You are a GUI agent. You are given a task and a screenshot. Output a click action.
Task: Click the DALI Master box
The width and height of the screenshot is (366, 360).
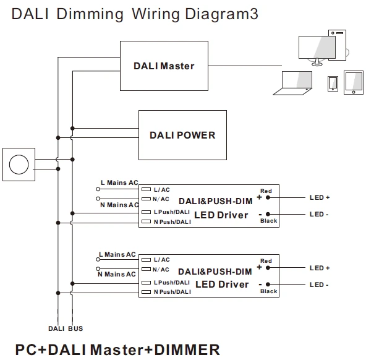pos(164,66)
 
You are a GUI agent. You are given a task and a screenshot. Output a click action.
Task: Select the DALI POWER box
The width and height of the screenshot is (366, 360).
pos(182,135)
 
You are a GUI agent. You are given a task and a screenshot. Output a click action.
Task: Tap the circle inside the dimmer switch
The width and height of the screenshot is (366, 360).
pos(19,165)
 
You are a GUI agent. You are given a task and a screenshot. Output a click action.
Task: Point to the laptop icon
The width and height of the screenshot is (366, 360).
pos(293,83)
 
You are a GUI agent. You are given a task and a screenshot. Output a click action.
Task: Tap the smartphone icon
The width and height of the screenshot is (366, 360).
pos(333,84)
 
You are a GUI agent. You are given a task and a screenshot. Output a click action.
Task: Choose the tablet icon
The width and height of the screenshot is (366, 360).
pos(354,83)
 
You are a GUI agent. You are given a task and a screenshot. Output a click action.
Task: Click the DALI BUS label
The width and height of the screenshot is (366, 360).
pos(66,328)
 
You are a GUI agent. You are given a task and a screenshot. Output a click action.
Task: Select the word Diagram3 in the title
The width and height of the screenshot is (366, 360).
pos(221,14)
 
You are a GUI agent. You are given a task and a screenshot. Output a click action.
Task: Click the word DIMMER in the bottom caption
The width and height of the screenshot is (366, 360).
pos(187,349)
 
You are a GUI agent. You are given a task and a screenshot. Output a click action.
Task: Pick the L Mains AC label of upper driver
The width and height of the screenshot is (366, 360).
pos(119,182)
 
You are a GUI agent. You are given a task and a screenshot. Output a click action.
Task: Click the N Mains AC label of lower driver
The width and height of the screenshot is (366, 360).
pos(117,274)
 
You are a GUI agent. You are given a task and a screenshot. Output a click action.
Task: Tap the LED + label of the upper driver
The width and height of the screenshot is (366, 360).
pos(320,197)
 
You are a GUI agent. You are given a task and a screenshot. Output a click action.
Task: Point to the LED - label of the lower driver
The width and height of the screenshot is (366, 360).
pos(319,285)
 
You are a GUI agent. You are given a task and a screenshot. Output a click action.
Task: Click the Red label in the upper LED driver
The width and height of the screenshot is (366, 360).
pos(266,191)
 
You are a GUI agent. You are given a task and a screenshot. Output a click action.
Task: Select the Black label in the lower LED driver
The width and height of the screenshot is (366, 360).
pos(269,291)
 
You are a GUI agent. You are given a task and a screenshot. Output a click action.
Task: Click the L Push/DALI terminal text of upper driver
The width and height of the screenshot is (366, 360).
pos(172,212)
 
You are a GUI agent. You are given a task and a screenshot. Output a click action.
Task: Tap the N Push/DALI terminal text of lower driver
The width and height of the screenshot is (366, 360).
pos(172,292)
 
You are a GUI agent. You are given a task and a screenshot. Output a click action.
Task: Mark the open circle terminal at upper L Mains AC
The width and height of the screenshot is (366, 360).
pos(98,189)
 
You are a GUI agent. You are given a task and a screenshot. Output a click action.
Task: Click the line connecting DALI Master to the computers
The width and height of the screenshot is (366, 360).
pos(245,66)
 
